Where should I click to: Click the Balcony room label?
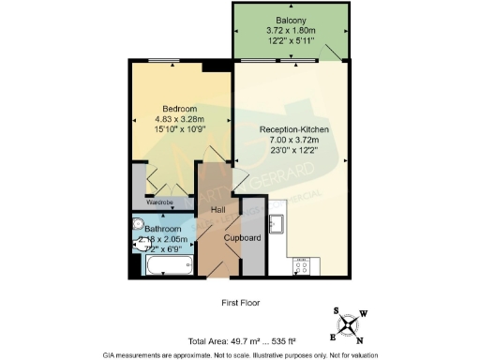(x=291, y=21)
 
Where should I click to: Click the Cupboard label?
(x=242, y=237)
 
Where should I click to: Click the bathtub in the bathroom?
(x=170, y=264)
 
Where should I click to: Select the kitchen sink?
(x=277, y=223)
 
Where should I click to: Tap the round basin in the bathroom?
(x=138, y=223)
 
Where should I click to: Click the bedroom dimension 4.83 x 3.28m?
(x=179, y=119)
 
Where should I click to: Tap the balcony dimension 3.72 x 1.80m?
(x=291, y=31)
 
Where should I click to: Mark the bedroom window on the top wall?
(x=167, y=62)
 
